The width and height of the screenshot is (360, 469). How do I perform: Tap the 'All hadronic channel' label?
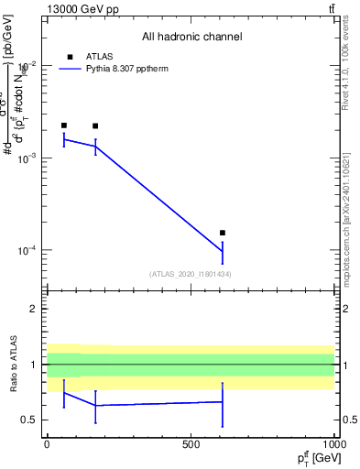(191, 37)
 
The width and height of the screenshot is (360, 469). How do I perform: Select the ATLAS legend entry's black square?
(70, 56)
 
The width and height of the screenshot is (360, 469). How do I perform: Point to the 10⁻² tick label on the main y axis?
(26, 65)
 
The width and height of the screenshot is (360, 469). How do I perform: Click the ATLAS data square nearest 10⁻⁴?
(223, 233)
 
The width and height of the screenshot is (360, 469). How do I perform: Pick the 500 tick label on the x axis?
(191, 444)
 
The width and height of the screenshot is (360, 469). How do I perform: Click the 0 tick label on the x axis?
(47, 444)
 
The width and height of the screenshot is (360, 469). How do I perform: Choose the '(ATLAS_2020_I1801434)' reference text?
(191, 274)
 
